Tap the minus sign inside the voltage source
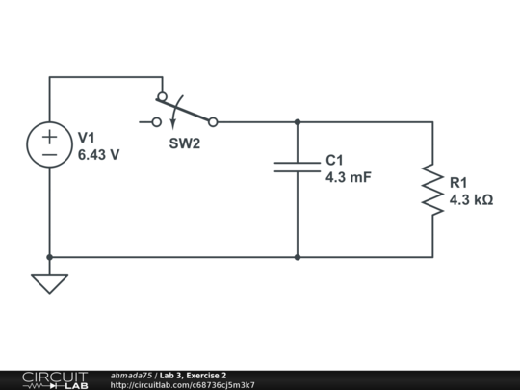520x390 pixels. click(x=49, y=155)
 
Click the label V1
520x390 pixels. click(x=88, y=137)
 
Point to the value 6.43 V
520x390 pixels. click(x=98, y=153)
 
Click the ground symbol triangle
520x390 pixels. click(x=49, y=283)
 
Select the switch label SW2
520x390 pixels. click(x=186, y=143)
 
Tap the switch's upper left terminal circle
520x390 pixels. click(x=162, y=97)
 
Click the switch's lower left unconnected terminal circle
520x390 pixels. click(x=157, y=122)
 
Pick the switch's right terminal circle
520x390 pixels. click(x=213, y=122)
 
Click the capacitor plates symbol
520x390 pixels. click(x=298, y=166)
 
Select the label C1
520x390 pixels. click(x=334, y=160)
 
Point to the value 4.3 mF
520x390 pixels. click(x=348, y=177)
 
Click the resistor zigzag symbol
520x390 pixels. click(x=432, y=190)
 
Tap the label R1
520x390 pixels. click(x=458, y=183)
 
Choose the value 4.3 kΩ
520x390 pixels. click(x=471, y=200)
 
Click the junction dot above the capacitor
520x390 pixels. click(x=298, y=122)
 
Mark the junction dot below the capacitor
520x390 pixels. click(x=298, y=257)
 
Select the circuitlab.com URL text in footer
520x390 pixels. click(x=183, y=385)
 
